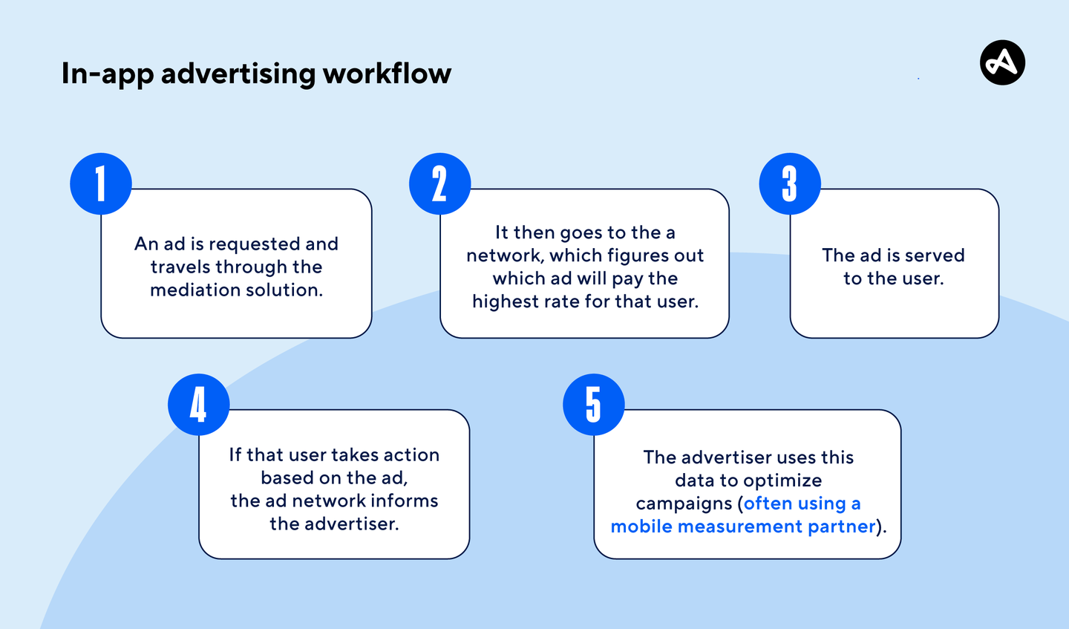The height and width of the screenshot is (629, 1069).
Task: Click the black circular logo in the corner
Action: pos(1002,62)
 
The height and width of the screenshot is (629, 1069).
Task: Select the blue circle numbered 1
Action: pos(101,183)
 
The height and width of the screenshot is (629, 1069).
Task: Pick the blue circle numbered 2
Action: pos(439,183)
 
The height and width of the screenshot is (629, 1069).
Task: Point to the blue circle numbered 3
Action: pos(790,183)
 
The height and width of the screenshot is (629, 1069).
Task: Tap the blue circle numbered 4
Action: pos(199,405)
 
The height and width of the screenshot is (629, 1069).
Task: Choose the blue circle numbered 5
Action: pos(593,405)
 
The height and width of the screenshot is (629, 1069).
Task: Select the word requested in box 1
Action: pos(254,244)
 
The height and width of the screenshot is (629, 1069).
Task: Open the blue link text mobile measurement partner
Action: pos(743,527)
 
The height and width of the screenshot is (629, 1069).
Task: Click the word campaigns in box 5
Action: pos(684,503)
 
